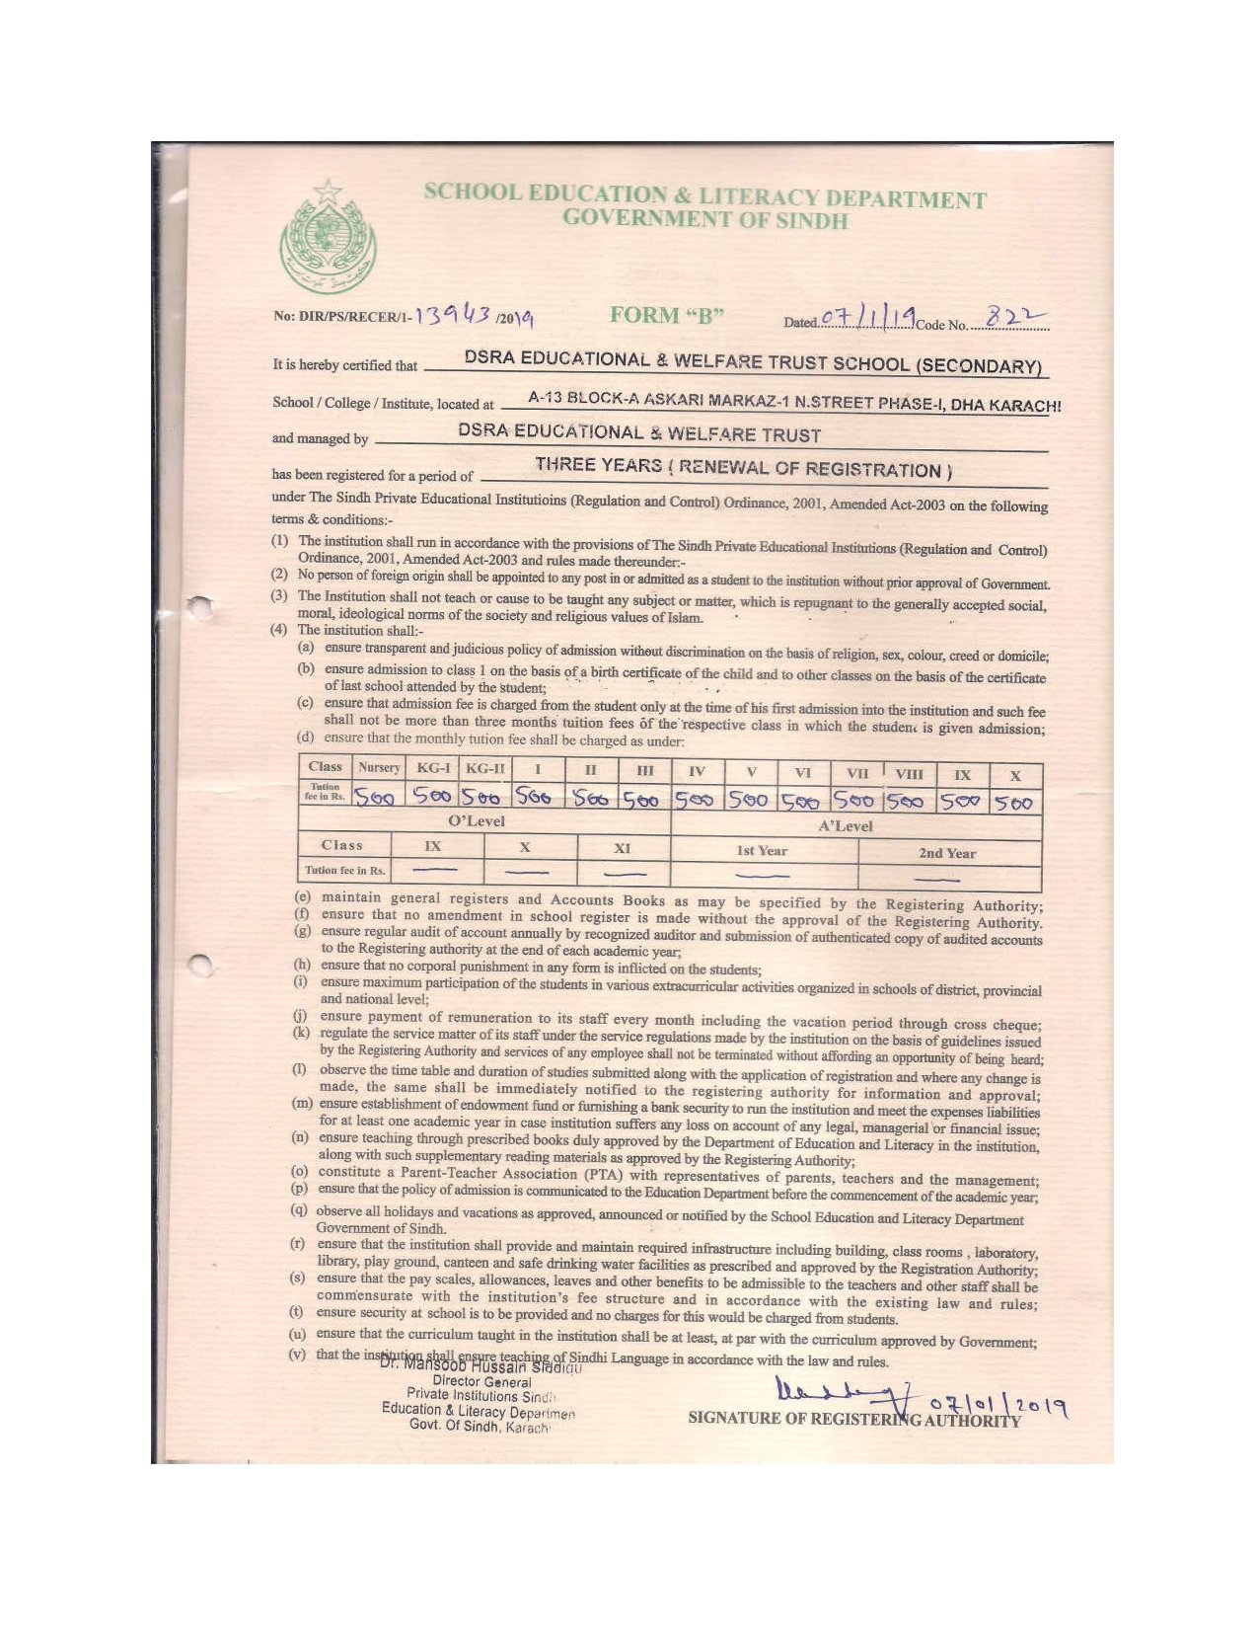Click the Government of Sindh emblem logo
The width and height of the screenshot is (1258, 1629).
tap(328, 238)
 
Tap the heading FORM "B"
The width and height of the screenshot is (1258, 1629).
tap(667, 315)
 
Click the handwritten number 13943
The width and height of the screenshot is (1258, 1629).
tap(453, 314)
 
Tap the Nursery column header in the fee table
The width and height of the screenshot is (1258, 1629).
tap(379, 767)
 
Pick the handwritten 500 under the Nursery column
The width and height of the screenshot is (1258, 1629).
tap(375, 797)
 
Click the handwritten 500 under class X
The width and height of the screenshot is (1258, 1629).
tap(1013, 804)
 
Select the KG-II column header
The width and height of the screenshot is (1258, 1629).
tap(485, 768)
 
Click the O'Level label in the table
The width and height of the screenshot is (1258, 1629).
tap(477, 821)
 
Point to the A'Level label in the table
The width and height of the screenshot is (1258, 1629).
tap(846, 826)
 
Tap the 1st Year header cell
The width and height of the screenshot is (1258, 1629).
tap(762, 851)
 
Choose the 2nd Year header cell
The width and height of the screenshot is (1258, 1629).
tap(947, 853)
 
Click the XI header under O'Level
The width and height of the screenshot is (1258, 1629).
tap(622, 848)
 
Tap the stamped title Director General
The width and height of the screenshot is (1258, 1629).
tap(481, 1382)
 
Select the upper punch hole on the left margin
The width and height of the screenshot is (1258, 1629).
tap(201, 607)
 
